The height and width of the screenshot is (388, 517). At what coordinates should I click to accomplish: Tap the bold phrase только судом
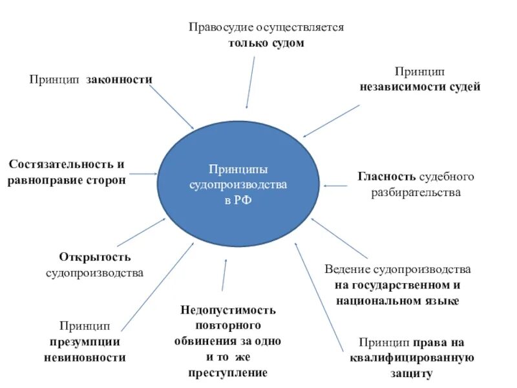click(266, 43)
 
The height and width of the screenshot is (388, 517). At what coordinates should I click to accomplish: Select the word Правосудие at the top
click(220, 28)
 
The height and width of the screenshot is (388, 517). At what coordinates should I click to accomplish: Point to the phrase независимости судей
click(420, 87)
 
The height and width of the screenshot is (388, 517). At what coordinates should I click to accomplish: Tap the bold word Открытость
click(94, 257)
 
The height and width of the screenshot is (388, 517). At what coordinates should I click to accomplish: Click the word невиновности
click(85, 357)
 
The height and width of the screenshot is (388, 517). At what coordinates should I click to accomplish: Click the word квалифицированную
click(412, 358)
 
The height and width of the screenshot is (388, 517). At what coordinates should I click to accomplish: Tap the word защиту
click(412, 373)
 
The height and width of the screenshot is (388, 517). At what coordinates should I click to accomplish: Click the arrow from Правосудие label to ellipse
click(250, 81)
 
